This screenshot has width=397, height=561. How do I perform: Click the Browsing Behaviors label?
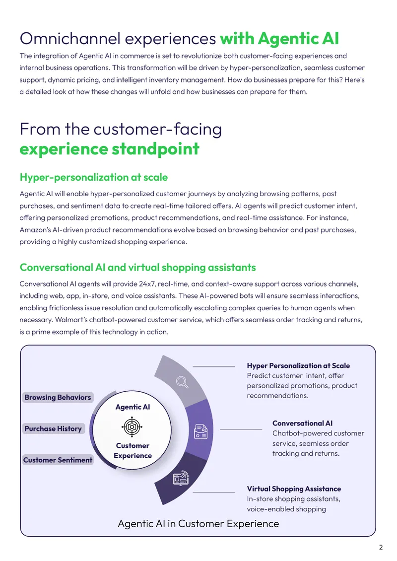(x=58, y=398)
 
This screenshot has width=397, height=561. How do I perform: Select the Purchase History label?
(x=53, y=428)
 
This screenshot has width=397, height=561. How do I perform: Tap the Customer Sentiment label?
(x=58, y=460)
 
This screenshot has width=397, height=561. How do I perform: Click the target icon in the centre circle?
(x=132, y=426)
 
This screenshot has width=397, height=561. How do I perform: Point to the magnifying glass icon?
(x=182, y=382)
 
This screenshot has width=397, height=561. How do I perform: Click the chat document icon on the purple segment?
(x=200, y=431)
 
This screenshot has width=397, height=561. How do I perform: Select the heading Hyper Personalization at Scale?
(x=298, y=366)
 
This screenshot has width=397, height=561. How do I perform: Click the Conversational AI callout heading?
(x=303, y=423)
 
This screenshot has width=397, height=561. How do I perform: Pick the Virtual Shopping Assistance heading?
(x=294, y=489)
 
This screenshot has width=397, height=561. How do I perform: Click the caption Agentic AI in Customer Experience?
(x=198, y=524)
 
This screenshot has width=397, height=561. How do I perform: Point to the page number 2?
(x=381, y=548)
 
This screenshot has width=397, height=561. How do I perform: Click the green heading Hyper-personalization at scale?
(x=94, y=177)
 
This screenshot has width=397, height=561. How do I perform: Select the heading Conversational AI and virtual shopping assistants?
(x=137, y=268)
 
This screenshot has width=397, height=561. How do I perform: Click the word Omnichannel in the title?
(x=70, y=39)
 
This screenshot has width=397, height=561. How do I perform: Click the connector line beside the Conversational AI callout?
(x=241, y=429)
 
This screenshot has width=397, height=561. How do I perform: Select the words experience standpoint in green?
(x=110, y=149)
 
